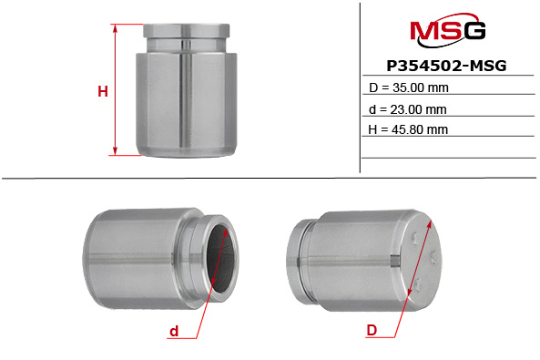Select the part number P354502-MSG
click(446, 67)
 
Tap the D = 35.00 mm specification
click(408, 88)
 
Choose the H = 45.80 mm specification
click(408, 129)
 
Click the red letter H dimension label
click(103, 91)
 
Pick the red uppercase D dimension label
click(371, 332)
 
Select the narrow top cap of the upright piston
click(187, 34)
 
